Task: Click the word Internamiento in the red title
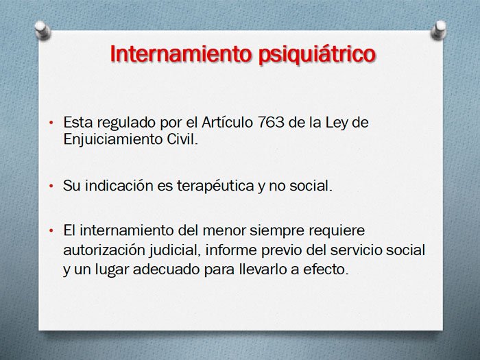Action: [180, 53]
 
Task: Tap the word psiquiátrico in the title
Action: [317, 55]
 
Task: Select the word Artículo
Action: [227, 122]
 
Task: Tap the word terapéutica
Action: [215, 186]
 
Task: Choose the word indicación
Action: [119, 185]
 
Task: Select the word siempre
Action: [277, 231]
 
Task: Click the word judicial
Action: [175, 251]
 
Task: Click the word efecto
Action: [326, 269]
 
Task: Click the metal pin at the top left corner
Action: [43, 29]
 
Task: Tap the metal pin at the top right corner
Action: [438, 29]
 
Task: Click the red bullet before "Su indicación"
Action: [51, 186]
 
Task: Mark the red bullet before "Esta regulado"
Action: [51, 123]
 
